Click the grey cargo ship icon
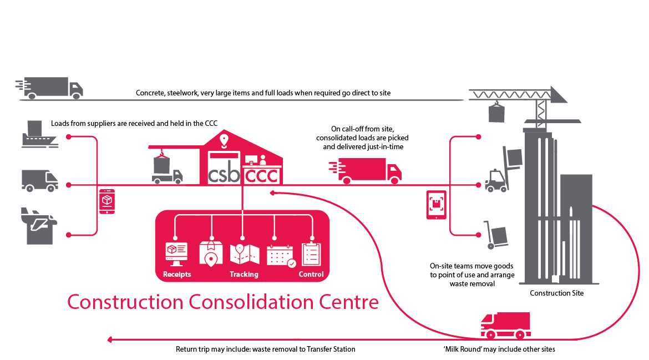pyautogui.click(x=40, y=134)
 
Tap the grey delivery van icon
pyautogui.click(x=40, y=181)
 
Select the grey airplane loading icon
pyautogui.click(x=39, y=226)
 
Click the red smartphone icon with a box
pyautogui.click(x=107, y=201)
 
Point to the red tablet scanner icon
pyautogui.click(x=436, y=205)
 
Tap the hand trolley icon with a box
pyautogui.click(x=495, y=235)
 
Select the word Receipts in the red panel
pyautogui.click(x=177, y=275)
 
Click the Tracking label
pyautogui.click(x=244, y=275)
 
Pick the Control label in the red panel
pyautogui.click(x=311, y=275)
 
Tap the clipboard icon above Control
pyautogui.click(x=311, y=253)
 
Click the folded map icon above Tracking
pyautogui.click(x=244, y=254)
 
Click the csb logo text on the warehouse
pyautogui.click(x=224, y=175)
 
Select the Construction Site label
pyautogui.click(x=557, y=293)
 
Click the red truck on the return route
pyautogui.click(x=505, y=326)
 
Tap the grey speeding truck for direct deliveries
pyautogui.click(x=49, y=88)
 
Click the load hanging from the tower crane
pyautogui.click(x=496, y=113)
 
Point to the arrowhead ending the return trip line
pyautogui.click(x=110, y=339)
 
